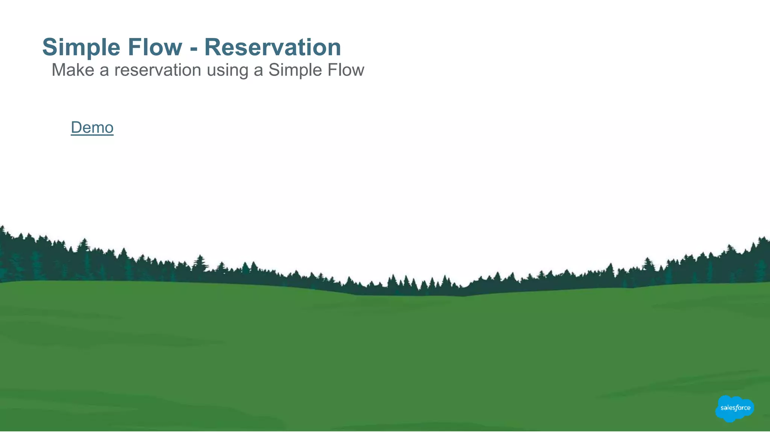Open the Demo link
(92, 128)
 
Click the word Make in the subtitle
(73, 70)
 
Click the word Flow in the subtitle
(346, 70)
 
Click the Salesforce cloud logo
(734, 408)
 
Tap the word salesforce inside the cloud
(735, 408)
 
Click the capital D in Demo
(76, 128)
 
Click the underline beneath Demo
(92, 135)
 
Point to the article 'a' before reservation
(104, 71)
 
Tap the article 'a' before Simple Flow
(258, 71)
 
